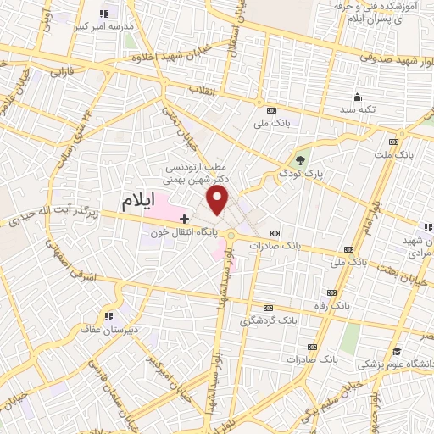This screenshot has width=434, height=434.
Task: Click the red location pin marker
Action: (x=218, y=200)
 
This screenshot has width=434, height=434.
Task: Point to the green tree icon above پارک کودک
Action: (x=298, y=159)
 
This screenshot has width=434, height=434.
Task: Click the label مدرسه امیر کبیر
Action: (x=106, y=27)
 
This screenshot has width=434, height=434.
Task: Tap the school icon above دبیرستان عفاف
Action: (x=108, y=318)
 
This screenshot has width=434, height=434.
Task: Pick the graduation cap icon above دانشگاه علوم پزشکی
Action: (x=395, y=351)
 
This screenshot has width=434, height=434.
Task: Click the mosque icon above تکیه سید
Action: (x=357, y=96)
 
